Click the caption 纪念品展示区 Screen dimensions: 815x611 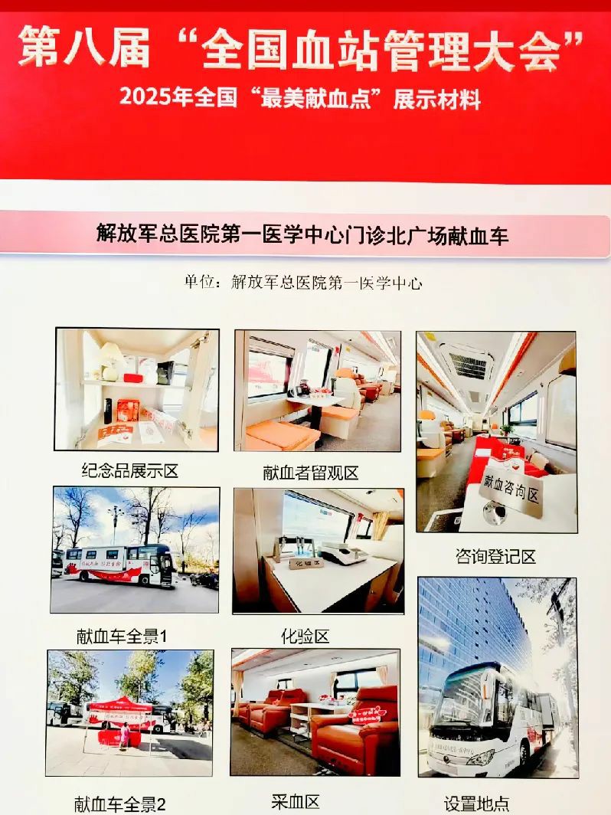(x=129, y=470)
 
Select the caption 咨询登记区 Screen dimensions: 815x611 (x=495, y=556)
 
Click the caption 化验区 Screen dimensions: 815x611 (x=305, y=635)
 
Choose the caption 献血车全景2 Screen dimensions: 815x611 (x=120, y=804)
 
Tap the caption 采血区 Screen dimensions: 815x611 (x=296, y=801)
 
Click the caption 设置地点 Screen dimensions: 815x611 (x=477, y=804)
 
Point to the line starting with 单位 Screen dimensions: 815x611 (x=303, y=282)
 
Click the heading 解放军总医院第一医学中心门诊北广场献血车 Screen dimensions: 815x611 (x=303, y=234)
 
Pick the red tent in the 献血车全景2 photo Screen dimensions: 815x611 (x=119, y=709)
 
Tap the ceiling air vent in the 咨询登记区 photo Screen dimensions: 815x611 (x=467, y=365)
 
